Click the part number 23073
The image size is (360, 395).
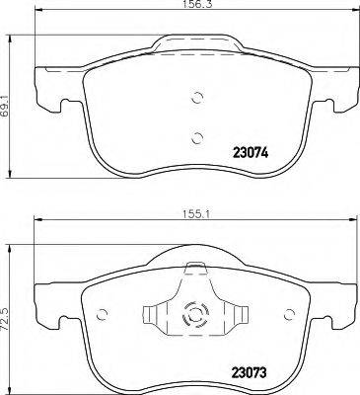[253, 371]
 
